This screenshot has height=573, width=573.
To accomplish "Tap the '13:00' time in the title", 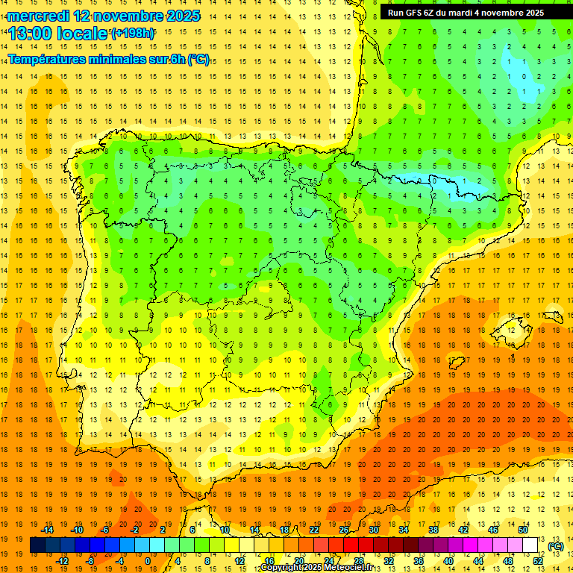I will (31, 34).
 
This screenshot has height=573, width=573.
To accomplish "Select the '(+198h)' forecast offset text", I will (134, 34).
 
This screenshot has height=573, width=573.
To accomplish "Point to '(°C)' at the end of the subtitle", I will (198, 60).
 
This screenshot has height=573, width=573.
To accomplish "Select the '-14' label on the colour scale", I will (47, 530).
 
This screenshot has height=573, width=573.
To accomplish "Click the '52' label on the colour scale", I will (538, 561).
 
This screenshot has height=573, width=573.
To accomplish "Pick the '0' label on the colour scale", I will (148, 561).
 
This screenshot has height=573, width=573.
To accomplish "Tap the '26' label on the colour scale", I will (344, 530).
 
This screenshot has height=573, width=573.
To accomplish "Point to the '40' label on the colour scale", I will (448, 561).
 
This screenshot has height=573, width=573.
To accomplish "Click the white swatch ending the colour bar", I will (530, 545).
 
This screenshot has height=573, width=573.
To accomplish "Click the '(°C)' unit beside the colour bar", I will (555, 546).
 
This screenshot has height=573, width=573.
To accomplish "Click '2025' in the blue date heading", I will (178, 16).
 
